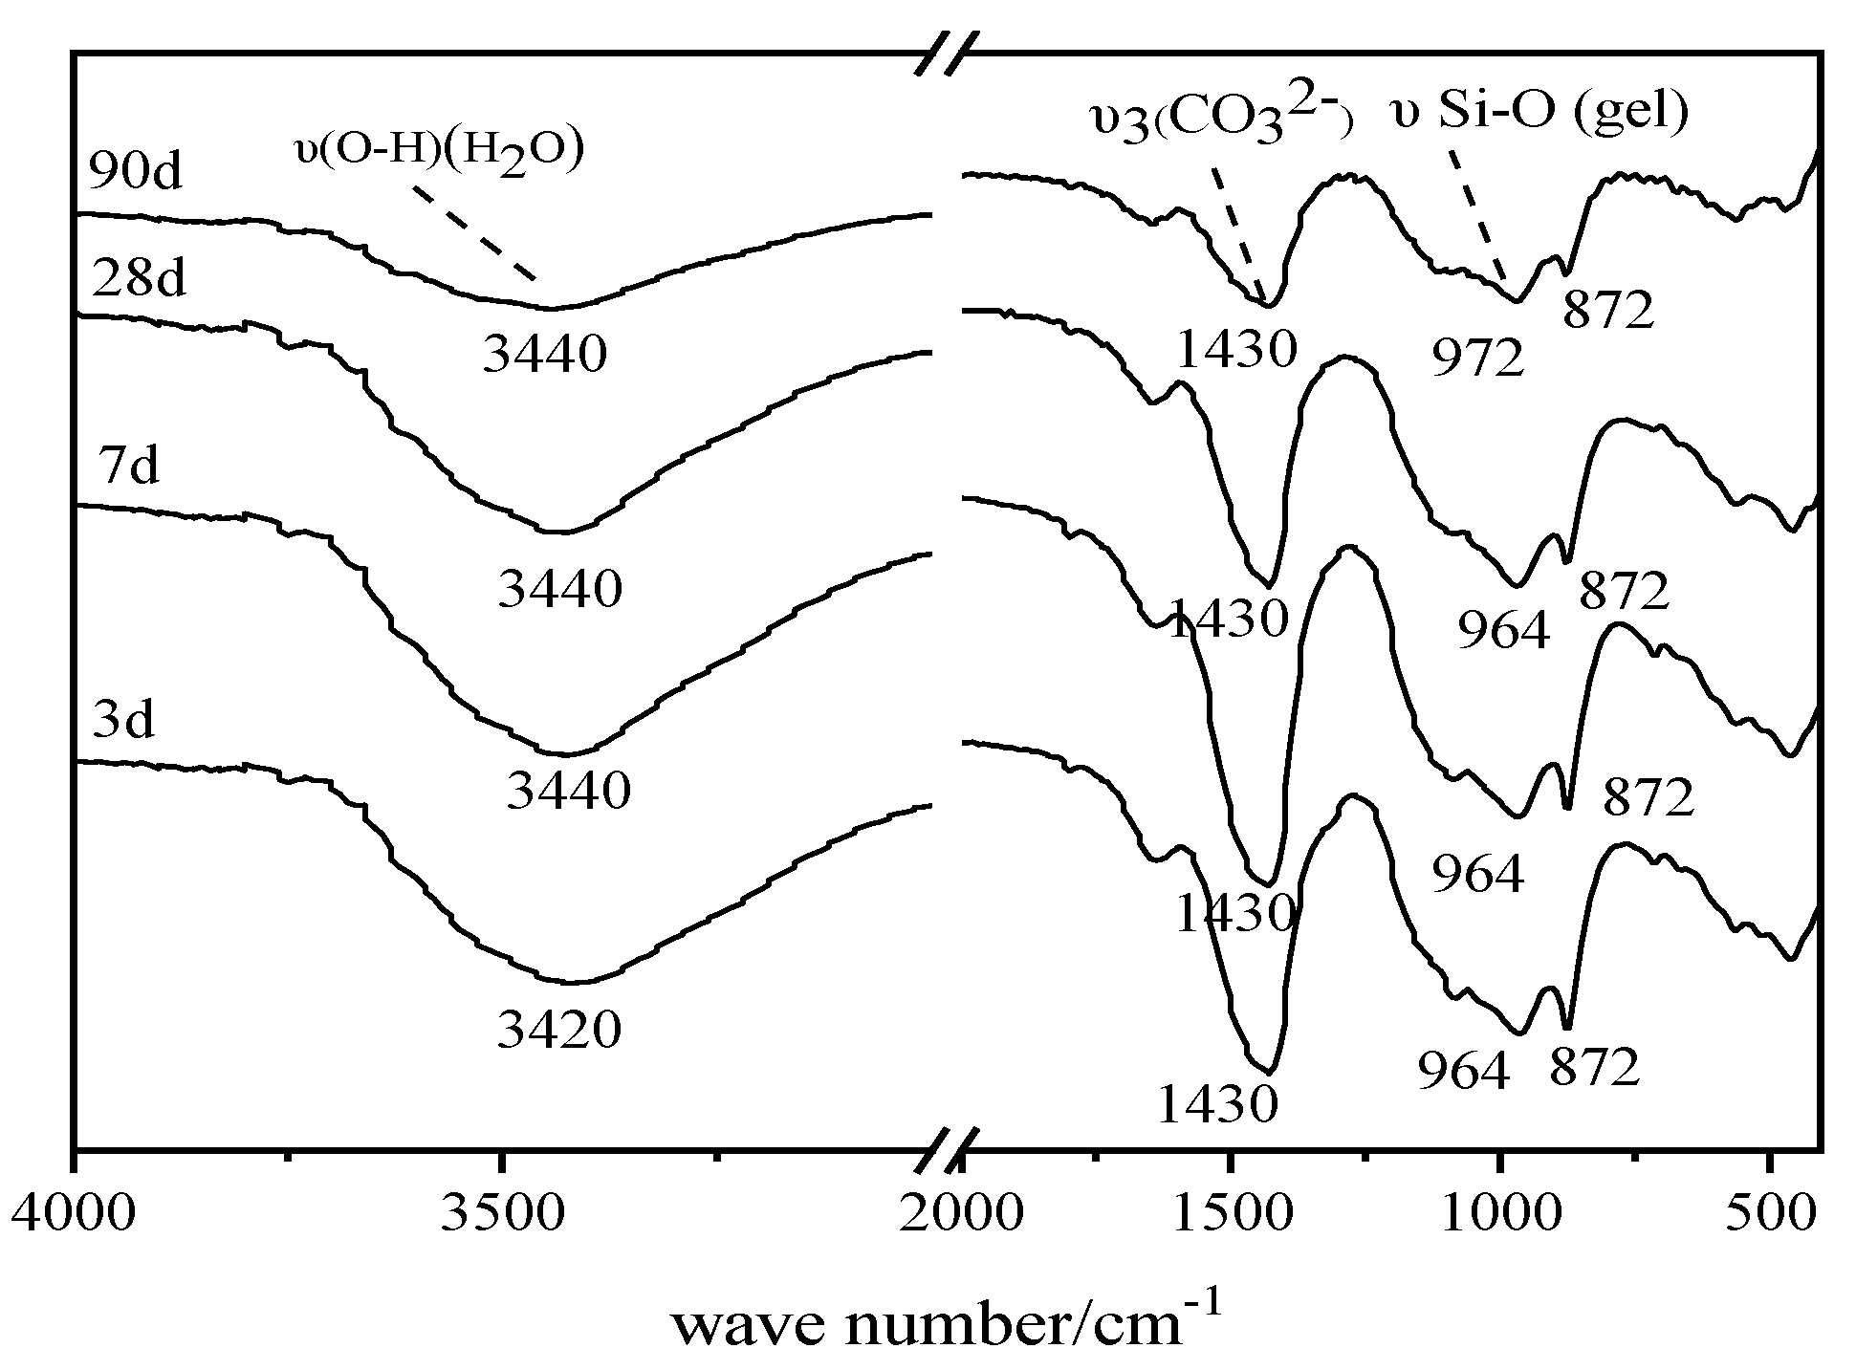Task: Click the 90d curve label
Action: pyautogui.click(x=135, y=172)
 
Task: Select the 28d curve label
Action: pyautogui.click(x=139, y=279)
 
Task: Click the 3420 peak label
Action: pyautogui.click(x=559, y=1031)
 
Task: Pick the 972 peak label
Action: pyautogui.click(x=1477, y=359)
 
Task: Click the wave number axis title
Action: pyautogui.click(x=947, y=1324)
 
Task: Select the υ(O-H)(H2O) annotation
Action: pyautogui.click(x=439, y=152)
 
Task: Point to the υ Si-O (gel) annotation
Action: pyautogui.click(x=1539, y=113)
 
